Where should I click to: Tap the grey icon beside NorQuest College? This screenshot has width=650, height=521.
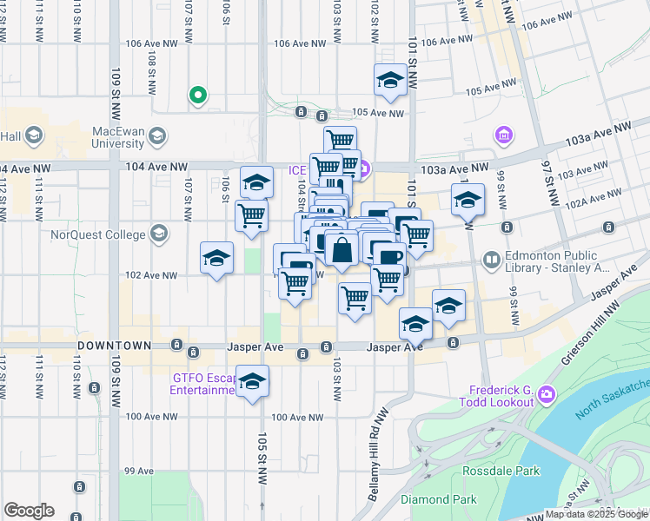(x=159, y=233)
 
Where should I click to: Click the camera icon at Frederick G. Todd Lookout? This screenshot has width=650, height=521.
(x=547, y=394)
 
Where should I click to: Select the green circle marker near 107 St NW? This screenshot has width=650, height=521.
(x=197, y=96)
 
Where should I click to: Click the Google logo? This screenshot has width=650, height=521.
(x=29, y=511)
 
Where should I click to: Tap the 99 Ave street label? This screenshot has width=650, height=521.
(x=138, y=472)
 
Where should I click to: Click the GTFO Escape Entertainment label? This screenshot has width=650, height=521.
(x=204, y=384)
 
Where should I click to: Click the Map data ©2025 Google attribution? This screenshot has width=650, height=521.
(x=596, y=514)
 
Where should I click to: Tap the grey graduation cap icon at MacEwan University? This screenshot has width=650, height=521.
(x=157, y=135)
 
